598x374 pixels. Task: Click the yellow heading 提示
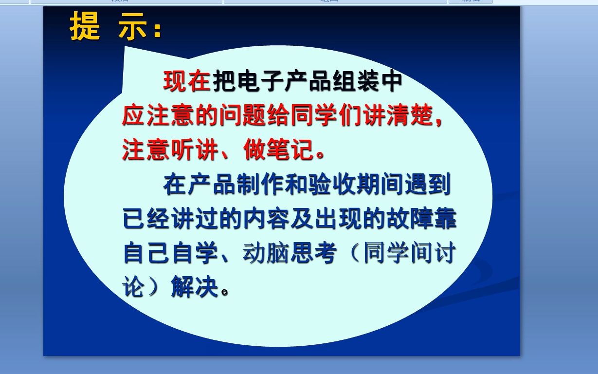coord(115,27)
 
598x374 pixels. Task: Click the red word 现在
coord(187,81)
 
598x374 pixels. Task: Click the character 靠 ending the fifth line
coord(445,219)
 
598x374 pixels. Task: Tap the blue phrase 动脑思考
coord(290,254)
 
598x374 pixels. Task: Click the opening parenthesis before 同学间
coord(350,254)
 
